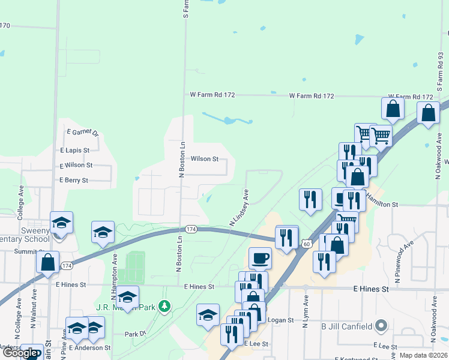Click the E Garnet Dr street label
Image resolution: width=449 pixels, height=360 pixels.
(x=83, y=132)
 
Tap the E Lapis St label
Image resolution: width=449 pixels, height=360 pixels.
(x=74, y=150)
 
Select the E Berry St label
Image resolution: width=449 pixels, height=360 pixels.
(x=74, y=180)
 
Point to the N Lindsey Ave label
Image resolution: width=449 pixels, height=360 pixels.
(x=239, y=208)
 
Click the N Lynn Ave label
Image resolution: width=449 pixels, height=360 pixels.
(x=306, y=311)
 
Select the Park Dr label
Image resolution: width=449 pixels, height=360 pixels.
(x=135, y=334)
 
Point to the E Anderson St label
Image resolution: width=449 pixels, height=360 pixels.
(x=90, y=347)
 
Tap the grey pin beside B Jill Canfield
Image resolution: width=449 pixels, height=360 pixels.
(x=381, y=327)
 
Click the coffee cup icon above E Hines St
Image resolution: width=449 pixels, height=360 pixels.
(x=260, y=258)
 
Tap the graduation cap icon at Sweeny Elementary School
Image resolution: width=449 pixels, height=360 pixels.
(x=62, y=223)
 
